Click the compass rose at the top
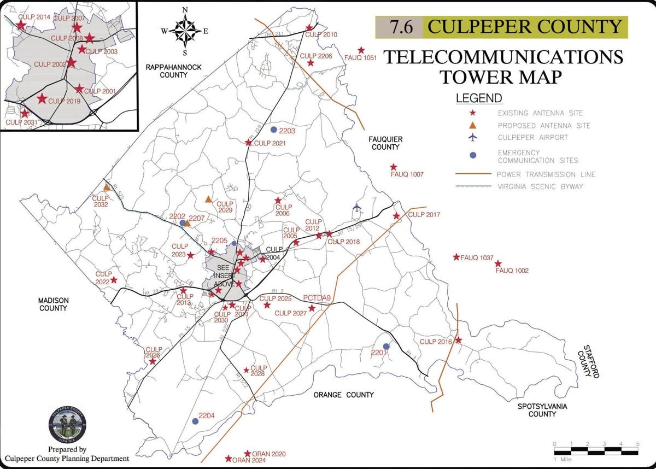185,31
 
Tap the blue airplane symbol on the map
358,208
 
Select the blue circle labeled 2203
273,130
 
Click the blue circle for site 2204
195,421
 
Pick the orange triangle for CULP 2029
208,200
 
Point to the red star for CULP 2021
248,143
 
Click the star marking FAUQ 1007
393,167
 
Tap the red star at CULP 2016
459,340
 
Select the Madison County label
52,304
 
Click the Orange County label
344,395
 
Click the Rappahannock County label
174,71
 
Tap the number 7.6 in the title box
400,27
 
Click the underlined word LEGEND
479,99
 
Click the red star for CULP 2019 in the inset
42,99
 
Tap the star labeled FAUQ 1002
498,264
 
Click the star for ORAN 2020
247,454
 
